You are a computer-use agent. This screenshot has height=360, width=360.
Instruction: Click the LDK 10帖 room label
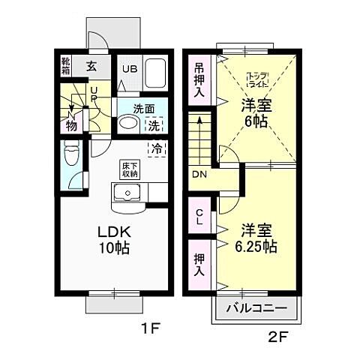pyautogui.click(x=112, y=239)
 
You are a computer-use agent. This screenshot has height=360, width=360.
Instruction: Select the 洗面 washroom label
pyautogui.click(x=144, y=108)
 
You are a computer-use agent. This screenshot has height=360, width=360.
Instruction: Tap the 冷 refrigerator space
pyautogui.click(x=157, y=148)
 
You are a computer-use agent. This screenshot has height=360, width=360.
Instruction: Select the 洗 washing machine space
pyautogui.click(x=153, y=126)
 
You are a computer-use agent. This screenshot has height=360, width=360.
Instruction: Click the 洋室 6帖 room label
pyautogui.click(x=256, y=112)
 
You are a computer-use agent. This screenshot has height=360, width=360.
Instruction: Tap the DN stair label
pyautogui.click(x=199, y=175)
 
